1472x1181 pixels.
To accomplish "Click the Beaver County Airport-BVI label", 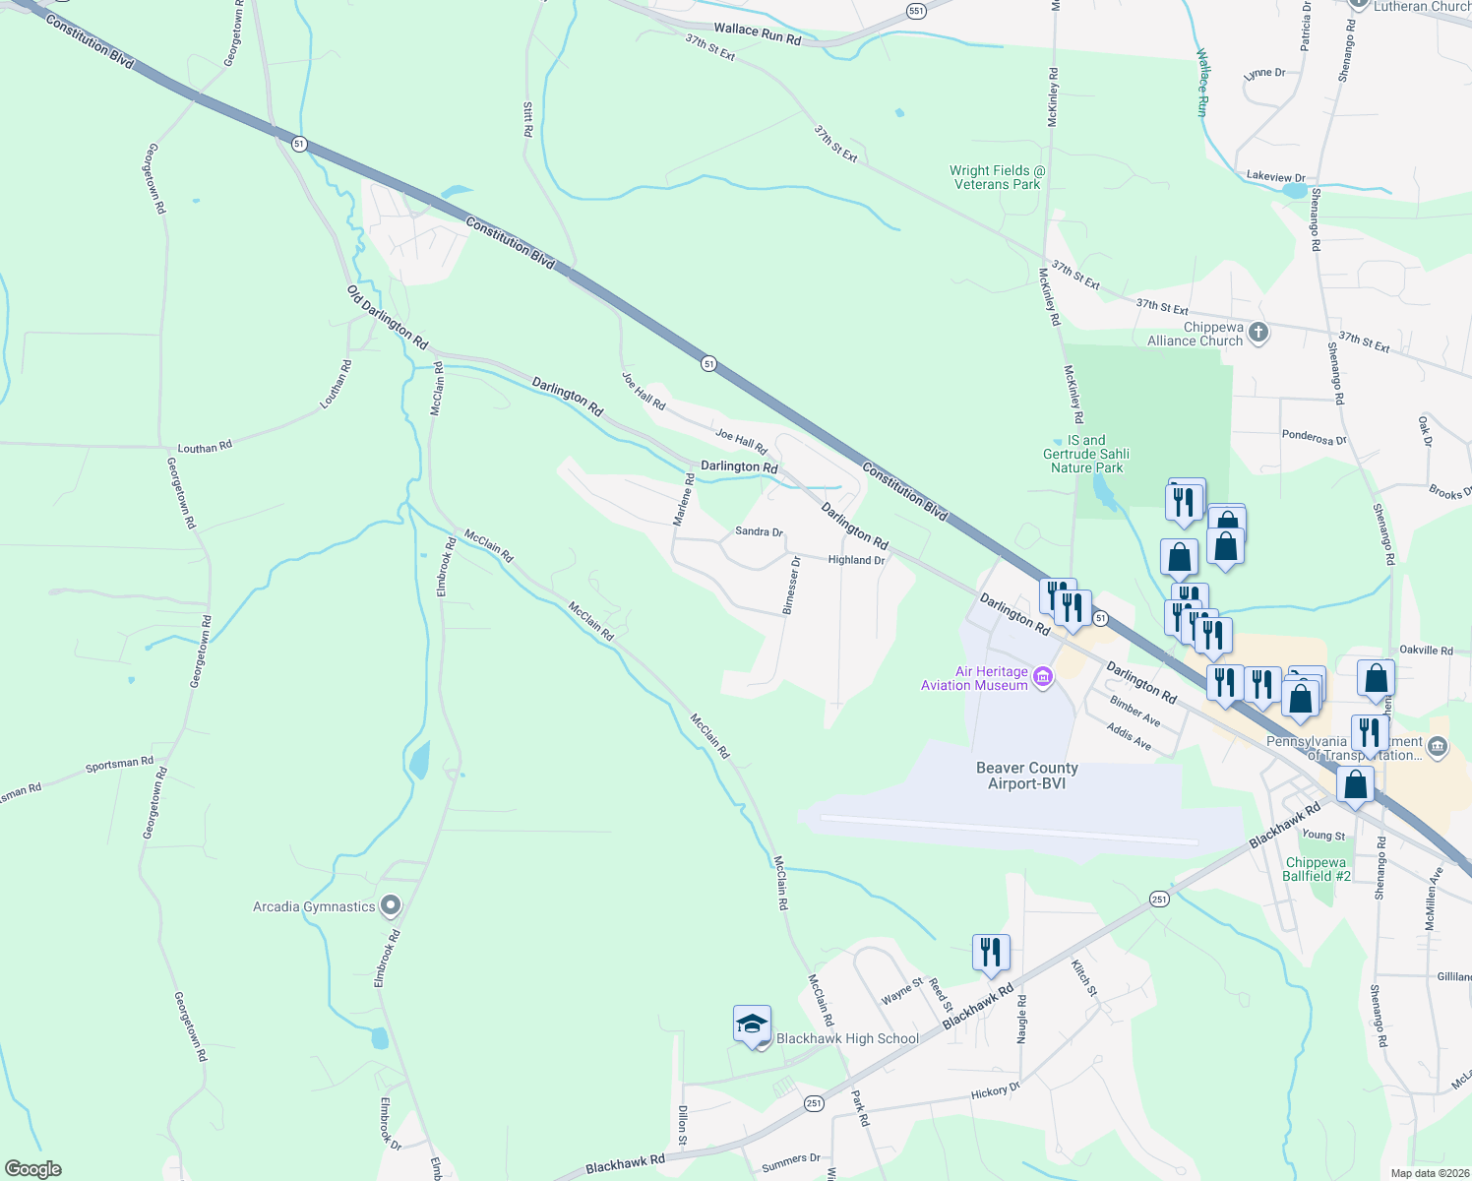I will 1026,776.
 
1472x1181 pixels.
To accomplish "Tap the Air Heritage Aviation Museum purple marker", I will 1043,677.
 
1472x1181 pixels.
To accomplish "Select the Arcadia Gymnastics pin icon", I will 391,905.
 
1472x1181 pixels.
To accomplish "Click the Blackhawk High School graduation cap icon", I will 752,1025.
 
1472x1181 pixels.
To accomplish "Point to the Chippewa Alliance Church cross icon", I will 1258,334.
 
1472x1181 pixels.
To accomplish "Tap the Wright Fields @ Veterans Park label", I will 997,177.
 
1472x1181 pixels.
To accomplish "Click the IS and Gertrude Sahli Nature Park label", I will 1085,454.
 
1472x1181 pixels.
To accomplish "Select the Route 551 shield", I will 917,11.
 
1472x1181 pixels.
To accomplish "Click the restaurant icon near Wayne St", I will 991,952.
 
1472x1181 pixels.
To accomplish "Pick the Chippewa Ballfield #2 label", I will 1318,869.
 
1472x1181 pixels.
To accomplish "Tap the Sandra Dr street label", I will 759,531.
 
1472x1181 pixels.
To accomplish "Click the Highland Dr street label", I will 856,560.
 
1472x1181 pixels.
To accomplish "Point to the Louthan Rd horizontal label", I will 205,448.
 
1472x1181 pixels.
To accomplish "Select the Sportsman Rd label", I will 119,764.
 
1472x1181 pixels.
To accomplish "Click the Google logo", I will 32,1169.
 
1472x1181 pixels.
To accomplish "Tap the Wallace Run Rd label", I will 757,34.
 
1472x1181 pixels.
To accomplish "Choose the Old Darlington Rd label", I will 388,317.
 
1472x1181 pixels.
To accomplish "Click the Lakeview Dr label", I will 1275,177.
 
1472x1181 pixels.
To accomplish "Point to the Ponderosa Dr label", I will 1314,438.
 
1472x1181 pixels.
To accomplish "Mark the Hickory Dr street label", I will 996,1090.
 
